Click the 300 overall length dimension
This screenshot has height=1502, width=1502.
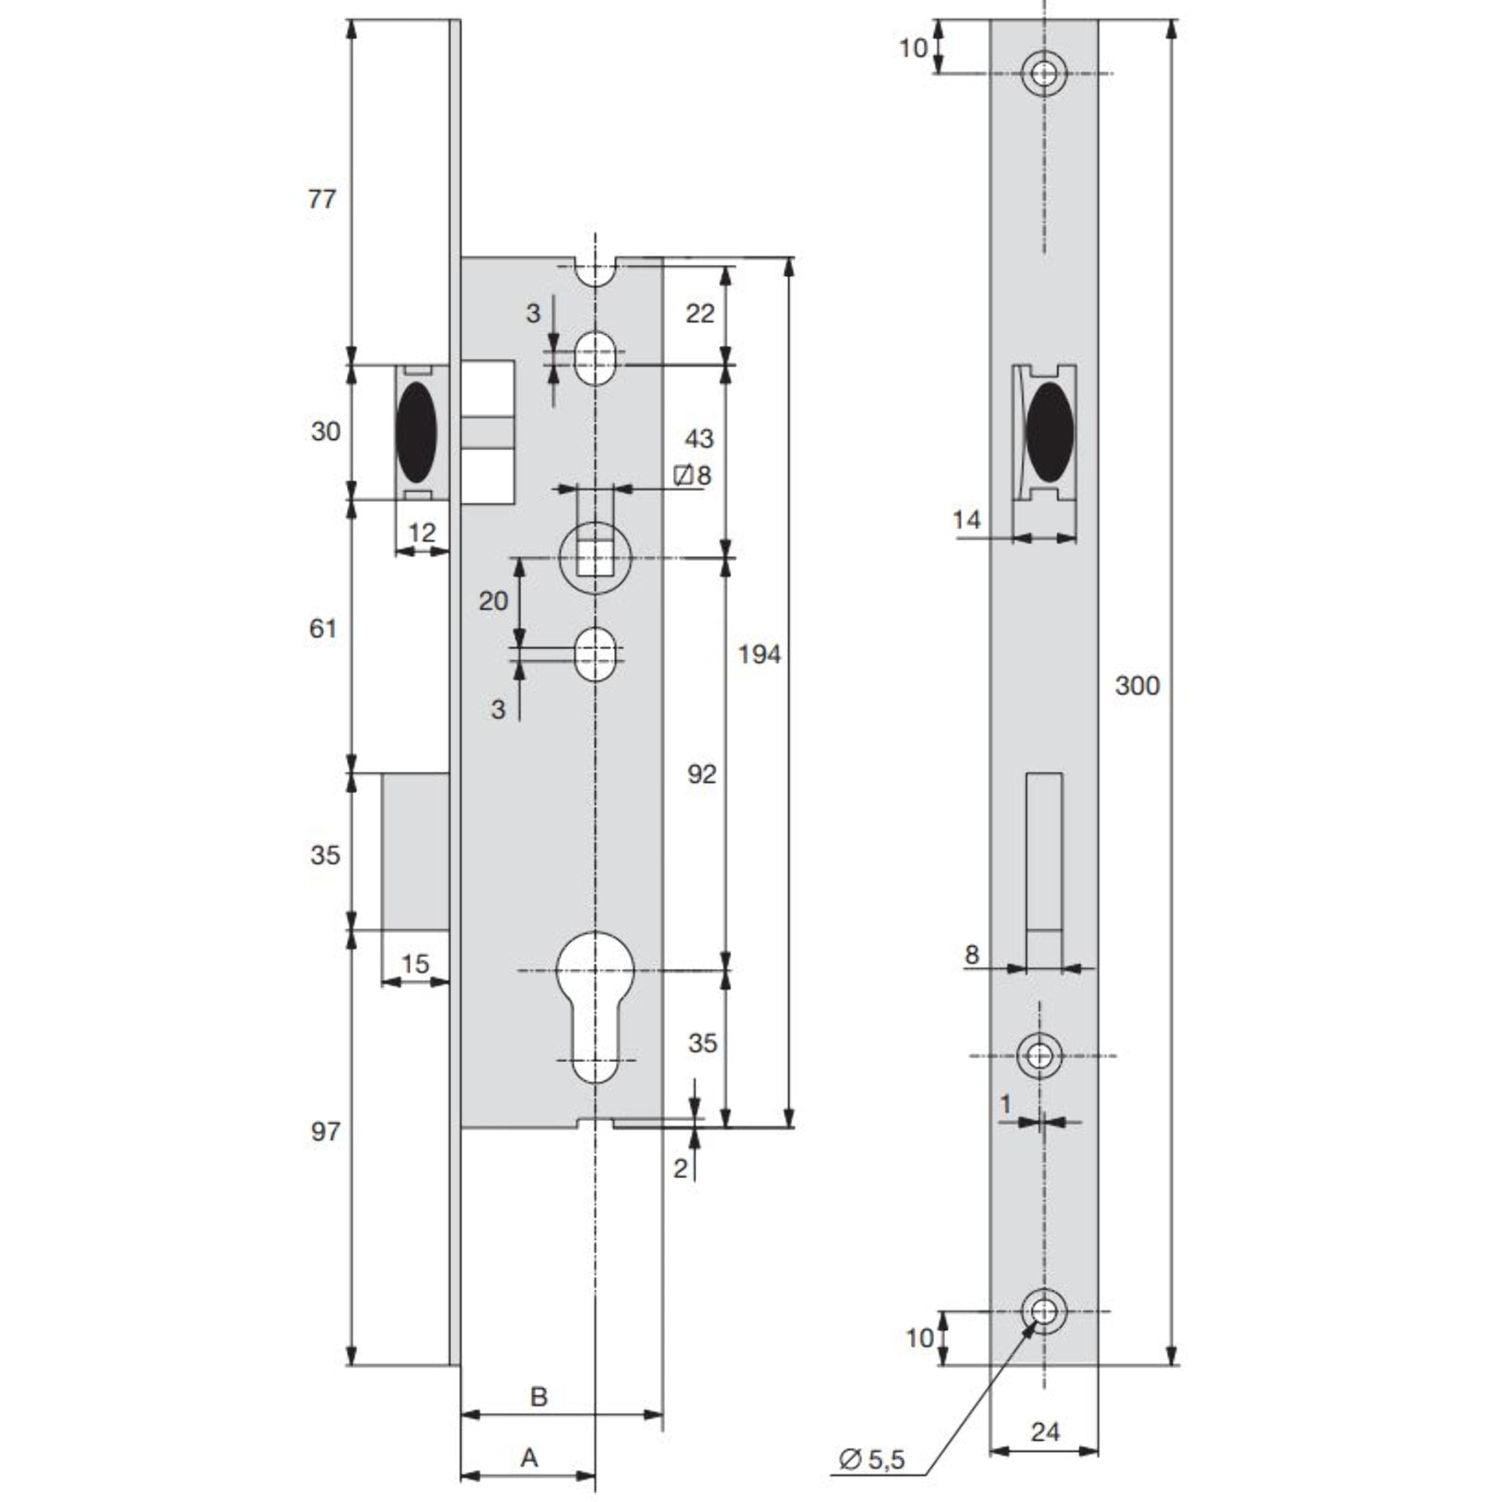click(x=1136, y=686)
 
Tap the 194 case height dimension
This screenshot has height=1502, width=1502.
click(x=758, y=655)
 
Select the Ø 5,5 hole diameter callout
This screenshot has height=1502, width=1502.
click(x=872, y=1459)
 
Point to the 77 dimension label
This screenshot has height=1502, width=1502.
click(x=322, y=199)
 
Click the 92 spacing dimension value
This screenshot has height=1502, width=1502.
click(x=701, y=774)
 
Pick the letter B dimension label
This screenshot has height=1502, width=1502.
click(x=539, y=1396)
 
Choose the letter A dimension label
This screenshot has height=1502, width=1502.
click(x=529, y=1457)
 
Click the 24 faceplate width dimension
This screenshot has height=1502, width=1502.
click(x=1045, y=1432)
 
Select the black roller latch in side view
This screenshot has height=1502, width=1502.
click(x=415, y=432)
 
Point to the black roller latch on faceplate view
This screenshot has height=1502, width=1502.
click(x=1049, y=432)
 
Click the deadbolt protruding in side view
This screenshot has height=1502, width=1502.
click(x=415, y=850)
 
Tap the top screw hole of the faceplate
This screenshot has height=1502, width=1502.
click(x=1044, y=73)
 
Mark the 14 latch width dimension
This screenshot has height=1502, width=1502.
click(x=967, y=520)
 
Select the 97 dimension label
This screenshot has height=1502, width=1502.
click(x=325, y=1131)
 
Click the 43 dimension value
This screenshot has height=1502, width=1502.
click(x=699, y=438)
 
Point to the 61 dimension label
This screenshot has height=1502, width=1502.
click(x=323, y=628)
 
